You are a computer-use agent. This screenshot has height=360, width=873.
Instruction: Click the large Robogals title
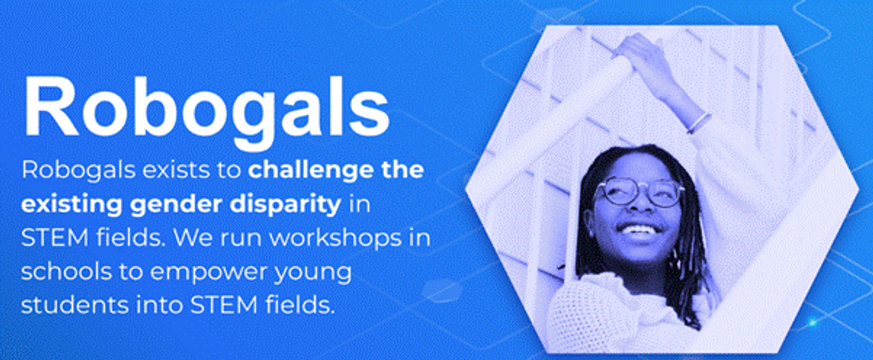click(x=207, y=112)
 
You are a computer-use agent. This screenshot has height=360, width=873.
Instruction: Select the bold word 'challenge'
click(x=311, y=171)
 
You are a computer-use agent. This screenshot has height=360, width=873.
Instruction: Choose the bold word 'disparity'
click(x=285, y=204)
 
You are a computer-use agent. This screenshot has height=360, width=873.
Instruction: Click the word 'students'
click(x=75, y=305)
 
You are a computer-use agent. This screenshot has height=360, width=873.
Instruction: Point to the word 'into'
click(x=159, y=305)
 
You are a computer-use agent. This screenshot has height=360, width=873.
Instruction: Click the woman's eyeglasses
click(x=639, y=193)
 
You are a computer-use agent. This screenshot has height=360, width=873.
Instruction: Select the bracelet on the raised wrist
click(x=700, y=122)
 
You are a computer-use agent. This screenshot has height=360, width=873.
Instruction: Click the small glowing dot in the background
click(x=812, y=322)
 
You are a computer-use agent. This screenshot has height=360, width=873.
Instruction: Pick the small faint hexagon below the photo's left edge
click(x=442, y=290)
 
